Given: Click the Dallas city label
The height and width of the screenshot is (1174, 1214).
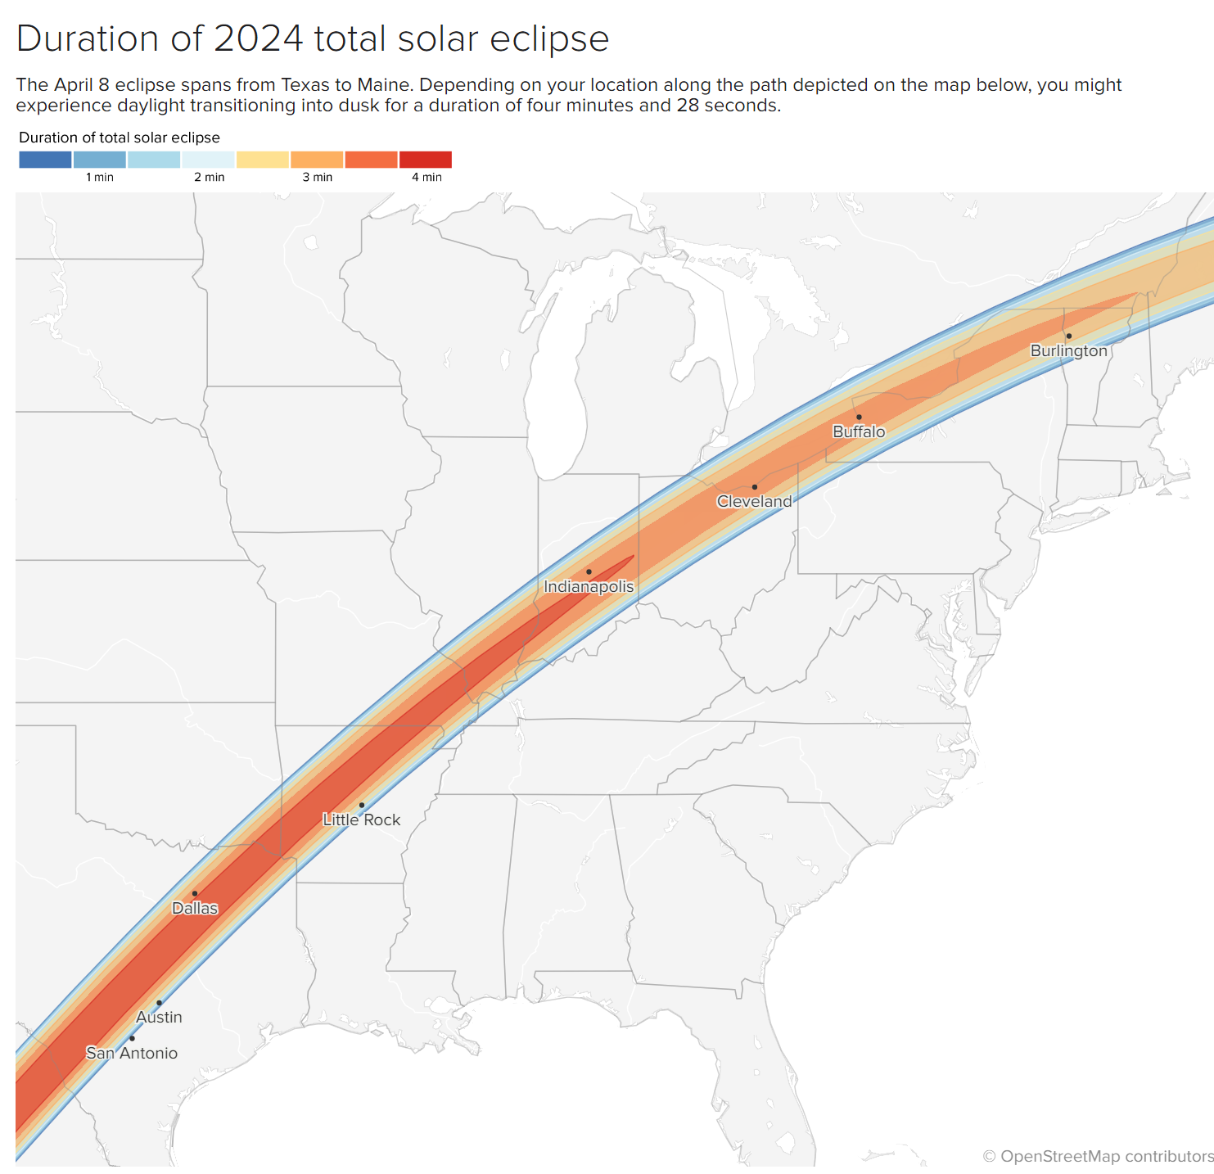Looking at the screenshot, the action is point(195,908).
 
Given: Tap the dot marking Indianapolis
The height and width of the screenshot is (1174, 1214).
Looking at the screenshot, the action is point(589,571).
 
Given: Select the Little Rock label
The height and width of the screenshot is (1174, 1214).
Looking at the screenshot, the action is point(361,820).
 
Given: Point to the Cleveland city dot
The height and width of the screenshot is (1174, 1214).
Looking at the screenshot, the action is point(755,486).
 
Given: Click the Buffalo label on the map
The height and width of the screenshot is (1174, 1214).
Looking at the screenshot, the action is point(859,431).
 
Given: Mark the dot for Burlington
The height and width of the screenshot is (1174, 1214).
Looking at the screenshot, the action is point(1068,336).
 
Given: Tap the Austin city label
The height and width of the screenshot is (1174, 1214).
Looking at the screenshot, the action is point(159,1017).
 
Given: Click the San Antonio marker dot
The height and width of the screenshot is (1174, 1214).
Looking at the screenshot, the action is point(133,1038).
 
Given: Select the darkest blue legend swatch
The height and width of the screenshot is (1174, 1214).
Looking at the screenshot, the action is point(45,160).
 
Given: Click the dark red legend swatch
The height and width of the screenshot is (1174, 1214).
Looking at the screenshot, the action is point(426,160).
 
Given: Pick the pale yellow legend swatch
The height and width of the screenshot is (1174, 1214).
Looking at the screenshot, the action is point(263,160).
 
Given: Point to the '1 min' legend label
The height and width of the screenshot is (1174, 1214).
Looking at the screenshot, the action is point(100,177).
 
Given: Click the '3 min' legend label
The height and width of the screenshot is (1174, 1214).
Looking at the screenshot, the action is point(318,177).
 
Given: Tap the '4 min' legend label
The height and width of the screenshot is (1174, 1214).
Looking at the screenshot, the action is point(426,177).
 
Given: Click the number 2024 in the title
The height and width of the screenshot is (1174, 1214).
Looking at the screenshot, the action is point(258,38).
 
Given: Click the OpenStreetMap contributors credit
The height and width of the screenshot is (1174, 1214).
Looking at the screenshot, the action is point(1098,1156).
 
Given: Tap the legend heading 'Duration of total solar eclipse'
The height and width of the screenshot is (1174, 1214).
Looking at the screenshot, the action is point(120,138).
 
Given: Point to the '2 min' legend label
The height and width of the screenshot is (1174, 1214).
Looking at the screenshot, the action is point(209,177).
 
